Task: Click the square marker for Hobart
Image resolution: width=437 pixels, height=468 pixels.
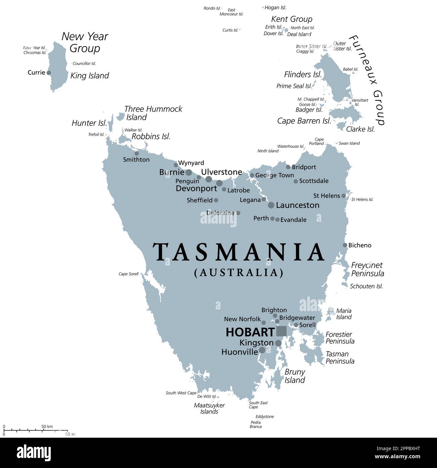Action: click(281, 331)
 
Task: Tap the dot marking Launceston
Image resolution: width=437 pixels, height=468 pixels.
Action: click(271, 205)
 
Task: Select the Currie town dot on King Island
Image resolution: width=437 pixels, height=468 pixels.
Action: click(49, 73)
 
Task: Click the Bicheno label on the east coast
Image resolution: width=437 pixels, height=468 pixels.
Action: click(360, 245)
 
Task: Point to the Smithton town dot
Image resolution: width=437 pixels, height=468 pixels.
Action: click(136, 154)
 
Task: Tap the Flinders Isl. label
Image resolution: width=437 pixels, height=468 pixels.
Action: click(303, 74)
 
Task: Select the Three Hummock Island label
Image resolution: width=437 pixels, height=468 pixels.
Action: click(153, 113)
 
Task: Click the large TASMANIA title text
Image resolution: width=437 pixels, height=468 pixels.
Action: click(239, 253)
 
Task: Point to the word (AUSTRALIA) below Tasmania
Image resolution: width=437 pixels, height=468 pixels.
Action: click(239, 272)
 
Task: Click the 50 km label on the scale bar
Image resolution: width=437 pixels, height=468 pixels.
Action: click(47, 427)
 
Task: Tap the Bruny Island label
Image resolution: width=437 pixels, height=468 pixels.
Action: click(295, 376)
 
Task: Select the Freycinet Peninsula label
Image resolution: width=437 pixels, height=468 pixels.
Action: click(367, 269)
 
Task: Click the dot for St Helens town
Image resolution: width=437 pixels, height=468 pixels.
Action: click(344, 196)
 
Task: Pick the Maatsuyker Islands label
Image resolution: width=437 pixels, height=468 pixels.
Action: click(209, 408)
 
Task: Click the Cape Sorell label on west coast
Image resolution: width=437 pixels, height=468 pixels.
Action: click(128, 274)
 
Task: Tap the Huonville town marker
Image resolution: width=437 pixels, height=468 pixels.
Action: click(262, 350)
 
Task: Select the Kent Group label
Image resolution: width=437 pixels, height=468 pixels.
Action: click(291, 19)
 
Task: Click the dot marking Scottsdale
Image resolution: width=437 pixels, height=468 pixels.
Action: click(296, 181)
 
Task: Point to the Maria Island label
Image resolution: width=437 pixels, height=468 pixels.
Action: click(344, 314)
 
